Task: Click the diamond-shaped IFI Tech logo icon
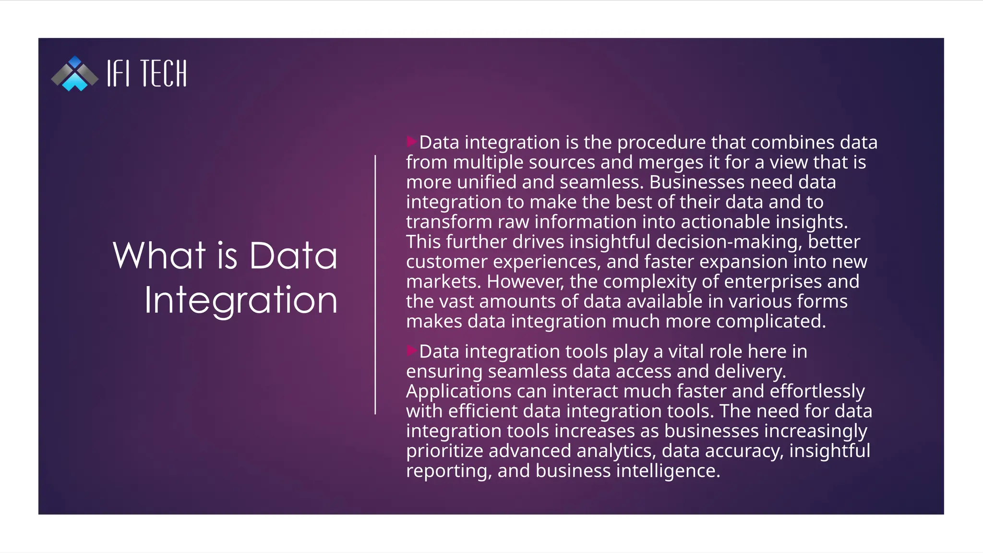75,73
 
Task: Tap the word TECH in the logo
164,74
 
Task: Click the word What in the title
159,255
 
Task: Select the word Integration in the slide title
241,300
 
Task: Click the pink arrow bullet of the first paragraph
411,142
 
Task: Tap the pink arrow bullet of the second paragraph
411,350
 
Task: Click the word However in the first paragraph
525,282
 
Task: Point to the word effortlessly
817,392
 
